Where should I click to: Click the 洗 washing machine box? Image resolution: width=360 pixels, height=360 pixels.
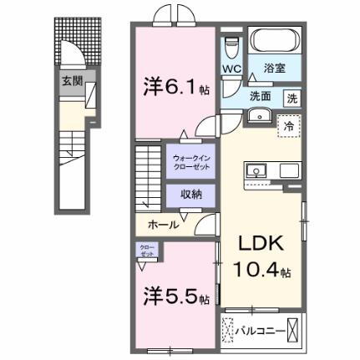pyautogui.click(x=292, y=97)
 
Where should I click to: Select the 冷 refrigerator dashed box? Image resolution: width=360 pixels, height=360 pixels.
pyautogui.click(x=286, y=126)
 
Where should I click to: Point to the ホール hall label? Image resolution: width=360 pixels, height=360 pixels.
pyautogui.click(x=165, y=226)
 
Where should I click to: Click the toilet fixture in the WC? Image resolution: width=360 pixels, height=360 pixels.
pyautogui.click(x=232, y=45)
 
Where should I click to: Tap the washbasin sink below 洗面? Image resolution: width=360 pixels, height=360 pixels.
pyautogui.click(x=259, y=115)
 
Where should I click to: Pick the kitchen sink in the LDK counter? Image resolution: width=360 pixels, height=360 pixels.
pyautogui.click(x=256, y=171)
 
